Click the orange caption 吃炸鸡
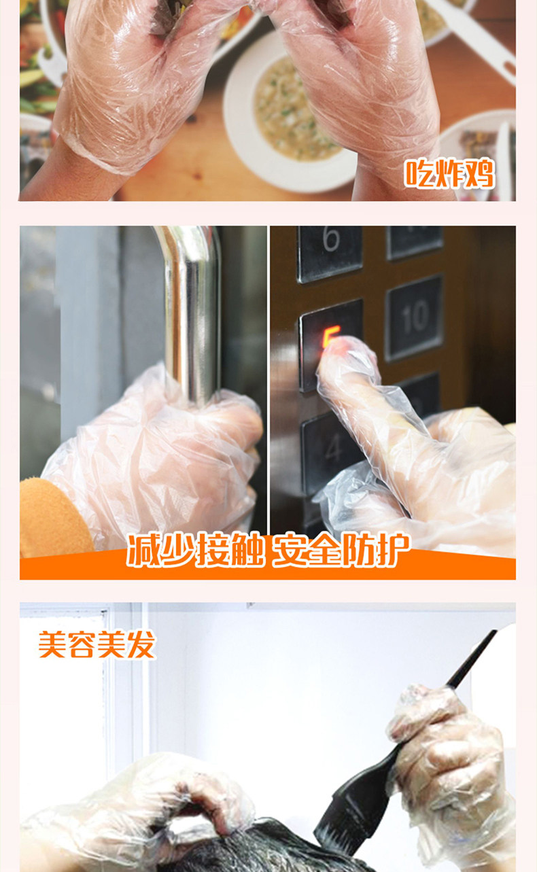pos(449,173)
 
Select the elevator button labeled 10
pos(415,317)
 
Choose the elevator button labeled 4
pos(331,451)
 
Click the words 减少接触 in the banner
pos(195,551)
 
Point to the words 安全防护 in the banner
pos(341,550)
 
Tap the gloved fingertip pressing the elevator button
pos(335,347)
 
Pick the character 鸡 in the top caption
pos(479,173)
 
